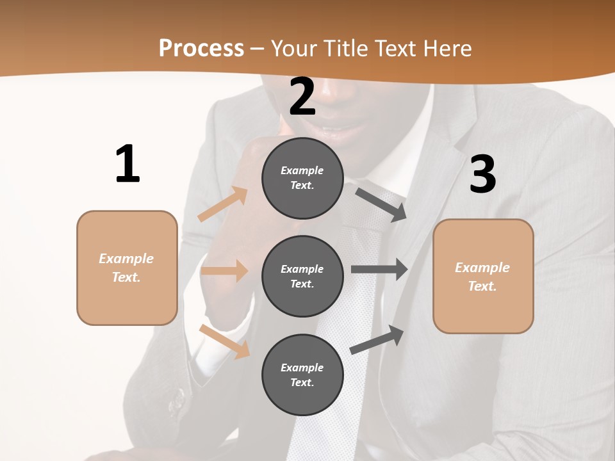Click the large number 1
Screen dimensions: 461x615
[127, 164]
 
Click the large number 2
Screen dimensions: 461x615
[302, 97]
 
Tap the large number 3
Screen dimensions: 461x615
[482, 175]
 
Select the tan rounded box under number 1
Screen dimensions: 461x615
[127, 268]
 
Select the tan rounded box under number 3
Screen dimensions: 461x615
[483, 276]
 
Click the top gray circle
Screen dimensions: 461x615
[302, 178]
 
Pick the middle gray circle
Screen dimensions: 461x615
[302, 276]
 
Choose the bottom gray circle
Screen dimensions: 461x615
[302, 375]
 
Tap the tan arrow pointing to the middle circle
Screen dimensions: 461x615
[225, 271]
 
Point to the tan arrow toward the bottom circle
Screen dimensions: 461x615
[224, 341]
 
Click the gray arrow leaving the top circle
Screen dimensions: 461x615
[381, 204]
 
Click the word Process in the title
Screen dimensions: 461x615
[201, 48]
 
